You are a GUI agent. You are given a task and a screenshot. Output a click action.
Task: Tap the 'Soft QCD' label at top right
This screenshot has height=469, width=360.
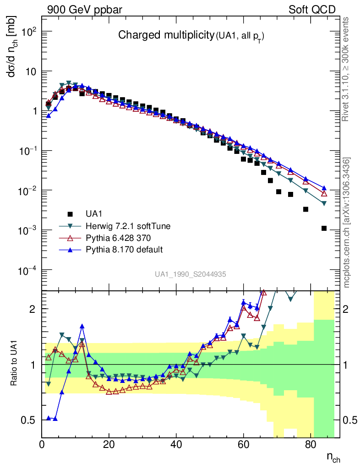[312, 10]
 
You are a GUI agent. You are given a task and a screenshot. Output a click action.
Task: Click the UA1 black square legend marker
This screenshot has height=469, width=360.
[70, 213]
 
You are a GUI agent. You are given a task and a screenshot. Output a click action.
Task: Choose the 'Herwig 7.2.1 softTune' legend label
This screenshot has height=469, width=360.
[125, 226]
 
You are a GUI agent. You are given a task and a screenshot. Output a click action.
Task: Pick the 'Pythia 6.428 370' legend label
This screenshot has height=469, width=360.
[118, 238]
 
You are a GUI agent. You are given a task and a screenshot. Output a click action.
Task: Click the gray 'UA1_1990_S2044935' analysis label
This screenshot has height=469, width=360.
[190, 274]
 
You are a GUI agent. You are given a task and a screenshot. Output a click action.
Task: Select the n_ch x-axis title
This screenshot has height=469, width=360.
[333, 457]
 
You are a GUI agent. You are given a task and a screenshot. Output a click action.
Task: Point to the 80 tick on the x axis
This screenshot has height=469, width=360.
[311, 444]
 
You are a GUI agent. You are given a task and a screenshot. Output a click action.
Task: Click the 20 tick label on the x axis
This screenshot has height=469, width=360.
[109, 444]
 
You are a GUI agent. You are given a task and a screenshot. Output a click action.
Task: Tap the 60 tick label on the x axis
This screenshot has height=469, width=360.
[244, 444]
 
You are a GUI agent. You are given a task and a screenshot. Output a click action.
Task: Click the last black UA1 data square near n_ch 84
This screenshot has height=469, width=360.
[324, 228]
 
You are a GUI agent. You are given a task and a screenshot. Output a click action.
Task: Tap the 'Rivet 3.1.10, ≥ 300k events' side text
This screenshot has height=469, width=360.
[347, 69]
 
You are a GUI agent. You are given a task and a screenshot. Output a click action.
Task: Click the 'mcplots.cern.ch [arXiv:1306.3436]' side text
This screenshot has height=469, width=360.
[347, 222]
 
